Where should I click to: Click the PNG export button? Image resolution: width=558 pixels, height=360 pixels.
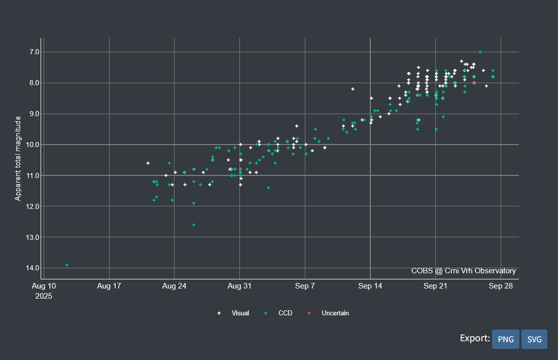point(505,339)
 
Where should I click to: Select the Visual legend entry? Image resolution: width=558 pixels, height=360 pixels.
point(240,313)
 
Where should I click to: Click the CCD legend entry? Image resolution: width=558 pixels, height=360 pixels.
point(285,313)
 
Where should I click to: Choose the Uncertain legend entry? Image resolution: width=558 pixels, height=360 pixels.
point(335,313)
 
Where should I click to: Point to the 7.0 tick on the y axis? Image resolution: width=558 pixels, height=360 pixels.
point(34,52)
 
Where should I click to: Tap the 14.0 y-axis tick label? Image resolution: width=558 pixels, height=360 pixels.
point(33,268)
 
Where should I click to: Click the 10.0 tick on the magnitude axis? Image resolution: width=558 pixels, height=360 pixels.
point(33,145)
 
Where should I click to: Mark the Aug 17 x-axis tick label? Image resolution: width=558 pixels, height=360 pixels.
point(109,286)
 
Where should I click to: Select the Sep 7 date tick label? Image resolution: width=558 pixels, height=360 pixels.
point(305,286)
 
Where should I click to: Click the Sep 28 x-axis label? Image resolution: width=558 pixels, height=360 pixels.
point(501,286)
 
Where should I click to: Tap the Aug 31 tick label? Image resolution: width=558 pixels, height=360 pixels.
point(239,286)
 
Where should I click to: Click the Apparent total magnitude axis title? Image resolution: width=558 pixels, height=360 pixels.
point(18,158)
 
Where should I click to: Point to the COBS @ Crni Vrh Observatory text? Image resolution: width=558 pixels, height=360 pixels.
point(464,271)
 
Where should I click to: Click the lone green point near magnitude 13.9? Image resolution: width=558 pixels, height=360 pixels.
point(67,265)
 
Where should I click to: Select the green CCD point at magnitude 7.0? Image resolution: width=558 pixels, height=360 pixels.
point(480,52)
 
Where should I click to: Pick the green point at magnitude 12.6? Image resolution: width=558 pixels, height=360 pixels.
point(194,225)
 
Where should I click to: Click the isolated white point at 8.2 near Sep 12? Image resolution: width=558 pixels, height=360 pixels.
point(353,89)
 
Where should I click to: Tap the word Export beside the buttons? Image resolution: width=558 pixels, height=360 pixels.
point(475,339)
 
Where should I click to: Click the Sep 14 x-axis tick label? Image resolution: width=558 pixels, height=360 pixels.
point(370,286)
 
